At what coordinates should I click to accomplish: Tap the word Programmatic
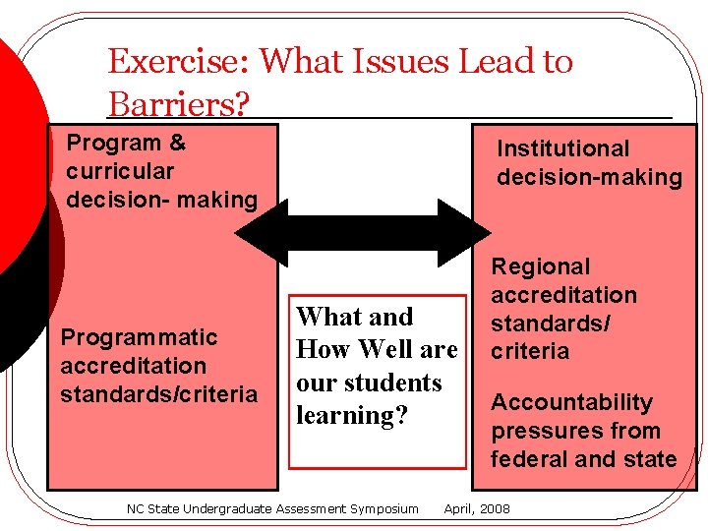(139, 337)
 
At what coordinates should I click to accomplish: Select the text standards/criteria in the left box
(158, 394)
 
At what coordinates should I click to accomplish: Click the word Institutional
(562, 148)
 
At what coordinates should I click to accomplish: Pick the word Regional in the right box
(541, 266)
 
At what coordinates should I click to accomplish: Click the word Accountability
(571, 402)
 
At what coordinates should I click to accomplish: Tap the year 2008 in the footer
(495, 508)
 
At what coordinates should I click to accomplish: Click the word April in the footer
(459, 508)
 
